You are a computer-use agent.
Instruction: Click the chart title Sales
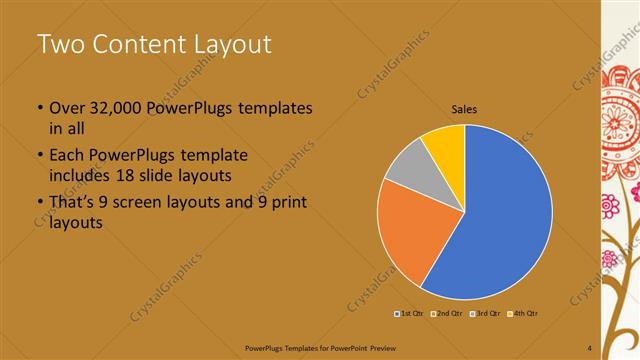(464, 108)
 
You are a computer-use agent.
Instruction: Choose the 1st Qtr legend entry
(411, 314)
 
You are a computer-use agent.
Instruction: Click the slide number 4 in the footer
(590, 347)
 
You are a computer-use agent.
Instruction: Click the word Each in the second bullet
(67, 156)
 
